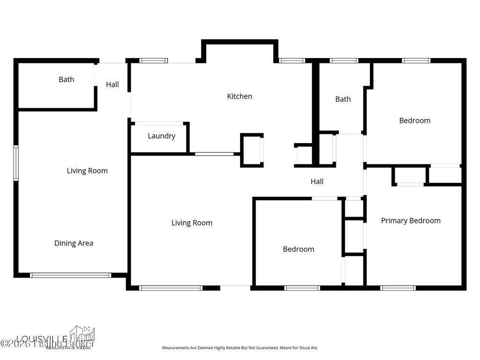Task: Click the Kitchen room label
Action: pyautogui.click(x=240, y=96)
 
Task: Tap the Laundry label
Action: pyautogui.click(x=161, y=136)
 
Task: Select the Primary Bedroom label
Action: pyautogui.click(x=411, y=220)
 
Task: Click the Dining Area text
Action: pyautogui.click(x=74, y=243)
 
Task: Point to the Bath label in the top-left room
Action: pyautogui.click(x=66, y=79)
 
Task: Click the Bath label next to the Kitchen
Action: pyautogui.click(x=343, y=99)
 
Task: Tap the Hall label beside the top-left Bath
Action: pyautogui.click(x=112, y=84)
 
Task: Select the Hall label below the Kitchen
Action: pyautogui.click(x=317, y=181)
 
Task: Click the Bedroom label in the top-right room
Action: pyautogui.click(x=414, y=120)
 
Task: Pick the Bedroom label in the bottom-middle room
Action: pyautogui.click(x=298, y=249)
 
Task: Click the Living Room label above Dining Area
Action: pyautogui.click(x=87, y=171)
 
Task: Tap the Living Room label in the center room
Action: pyautogui.click(x=192, y=223)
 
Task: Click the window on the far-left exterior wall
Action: pyautogui.click(x=16, y=163)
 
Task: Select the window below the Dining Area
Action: pyautogui.click(x=71, y=275)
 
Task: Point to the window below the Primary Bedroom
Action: pyautogui.click(x=398, y=288)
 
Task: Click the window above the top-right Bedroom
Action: pyautogui.click(x=416, y=60)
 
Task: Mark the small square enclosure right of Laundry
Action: pyautogui.click(x=252, y=150)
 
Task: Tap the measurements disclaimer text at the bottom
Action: pyautogui.click(x=240, y=348)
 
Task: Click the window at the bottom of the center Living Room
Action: pyautogui.click(x=171, y=288)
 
